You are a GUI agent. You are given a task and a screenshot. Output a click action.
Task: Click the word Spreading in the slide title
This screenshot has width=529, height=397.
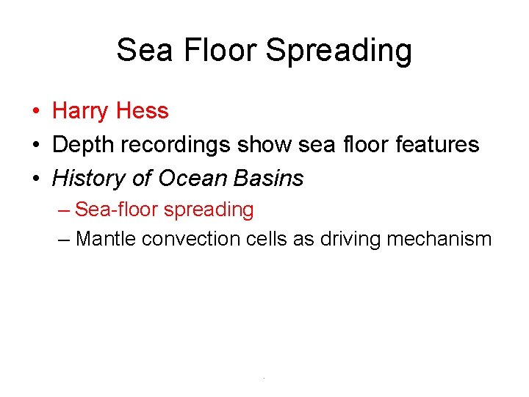pyautogui.click(x=339, y=51)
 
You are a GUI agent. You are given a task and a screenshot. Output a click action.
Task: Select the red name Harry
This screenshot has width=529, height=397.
pyautogui.click(x=79, y=111)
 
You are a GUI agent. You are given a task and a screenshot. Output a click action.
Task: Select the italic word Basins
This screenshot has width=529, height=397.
pyautogui.click(x=270, y=178)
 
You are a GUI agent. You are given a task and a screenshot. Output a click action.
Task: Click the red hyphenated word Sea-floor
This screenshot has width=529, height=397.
pyautogui.click(x=116, y=210)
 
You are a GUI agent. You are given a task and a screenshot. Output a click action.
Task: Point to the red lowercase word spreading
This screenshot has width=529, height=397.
pyautogui.click(x=209, y=210)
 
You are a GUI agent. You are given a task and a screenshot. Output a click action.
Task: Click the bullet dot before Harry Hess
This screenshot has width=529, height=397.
pyautogui.click(x=35, y=112)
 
